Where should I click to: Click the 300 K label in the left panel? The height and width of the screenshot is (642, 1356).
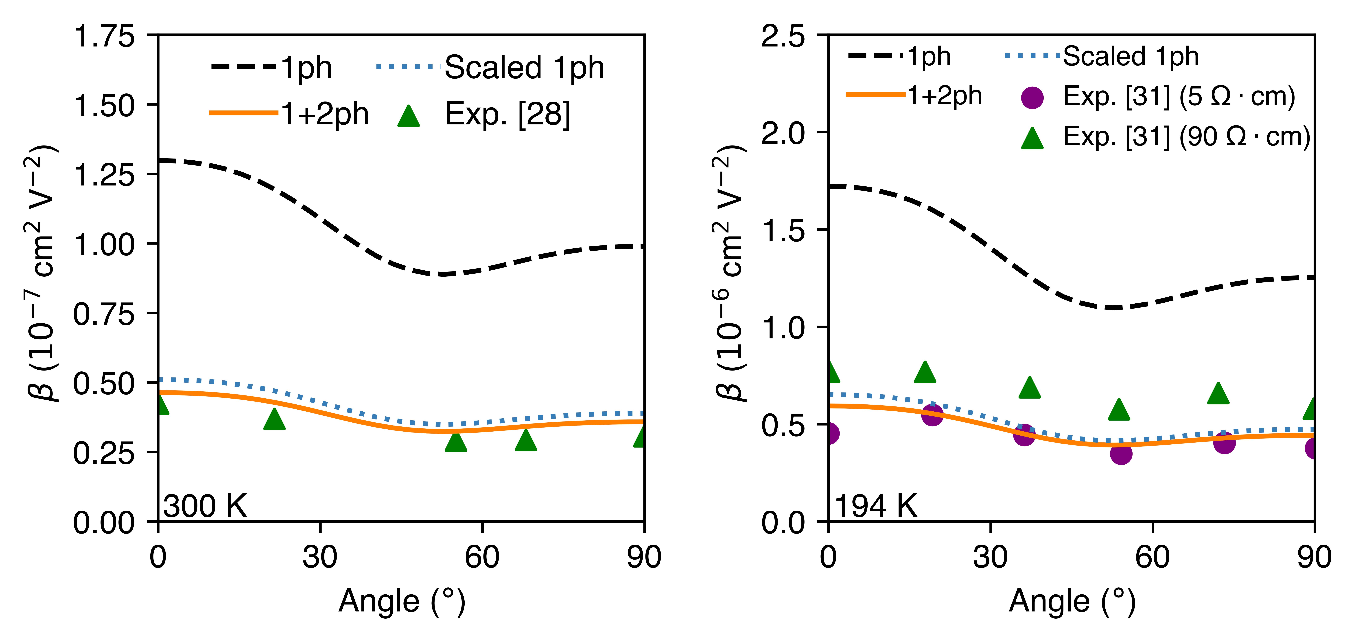[x=205, y=506]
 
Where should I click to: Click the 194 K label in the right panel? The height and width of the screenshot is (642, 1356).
[x=876, y=506]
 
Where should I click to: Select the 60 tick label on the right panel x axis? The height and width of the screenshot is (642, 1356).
[x=1152, y=557]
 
